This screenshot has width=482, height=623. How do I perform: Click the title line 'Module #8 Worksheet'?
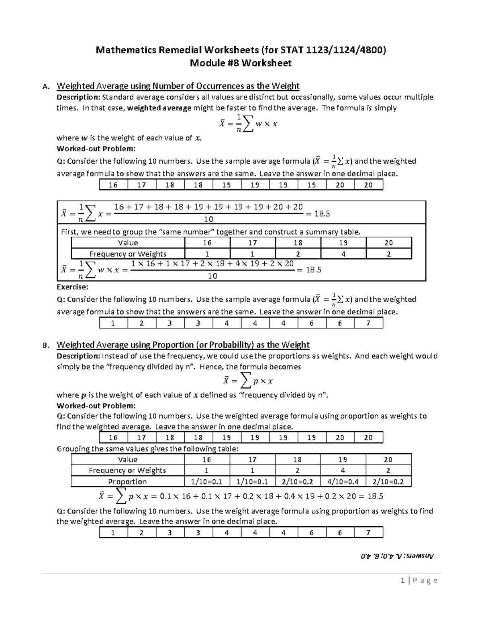click(240, 63)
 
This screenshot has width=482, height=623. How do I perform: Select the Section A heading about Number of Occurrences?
click(178, 86)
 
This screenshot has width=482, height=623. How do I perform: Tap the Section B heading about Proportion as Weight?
click(183, 345)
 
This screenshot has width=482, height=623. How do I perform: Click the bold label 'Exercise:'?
click(72, 287)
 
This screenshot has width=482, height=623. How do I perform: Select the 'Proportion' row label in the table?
click(127, 481)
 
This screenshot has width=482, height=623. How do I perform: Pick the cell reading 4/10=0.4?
click(343, 481)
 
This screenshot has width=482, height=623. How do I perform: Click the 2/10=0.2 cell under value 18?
click(298, 481)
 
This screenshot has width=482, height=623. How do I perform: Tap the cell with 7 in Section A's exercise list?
click(368, 323)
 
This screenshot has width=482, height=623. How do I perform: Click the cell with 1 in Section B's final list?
click(113, 533)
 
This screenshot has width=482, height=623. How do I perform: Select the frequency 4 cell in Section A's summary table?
click(343, 254)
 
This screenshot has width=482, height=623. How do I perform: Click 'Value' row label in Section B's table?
click(127, 460)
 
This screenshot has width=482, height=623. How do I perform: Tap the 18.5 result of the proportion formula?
click(375, 497)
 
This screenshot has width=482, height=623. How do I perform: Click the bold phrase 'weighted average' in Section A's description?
click(159, 108)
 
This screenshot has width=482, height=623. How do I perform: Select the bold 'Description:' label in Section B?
click(78, 356)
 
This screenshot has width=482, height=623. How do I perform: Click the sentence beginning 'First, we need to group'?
click(210, 232)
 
